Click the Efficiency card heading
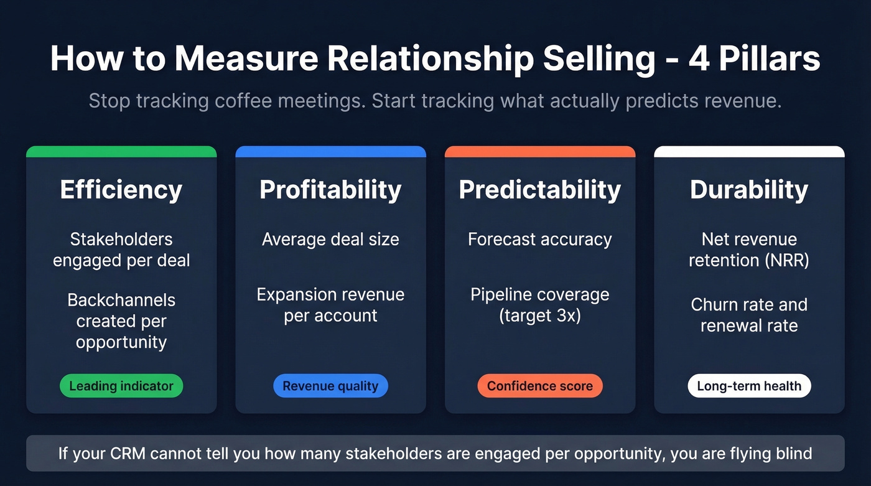[121, 190]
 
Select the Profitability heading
[330, 190]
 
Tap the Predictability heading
[539, 190]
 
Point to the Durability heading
[749, 190]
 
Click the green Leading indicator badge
[121, 386]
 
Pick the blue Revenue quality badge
[330, 386]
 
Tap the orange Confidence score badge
[539, 386]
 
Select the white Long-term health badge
[749, 386]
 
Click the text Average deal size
[330, 240]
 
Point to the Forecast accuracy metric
[539, 240]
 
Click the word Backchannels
[121, 300]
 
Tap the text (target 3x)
[539, 315]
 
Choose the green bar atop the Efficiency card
[121, 151]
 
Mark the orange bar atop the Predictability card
[539, 151]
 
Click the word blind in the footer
[793, 453]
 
